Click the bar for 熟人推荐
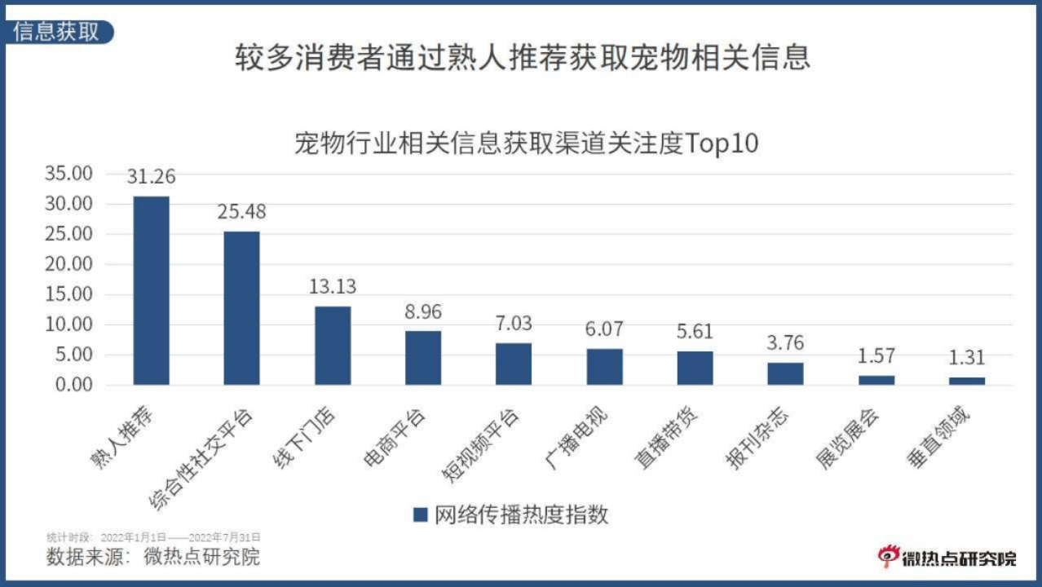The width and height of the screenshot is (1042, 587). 152,290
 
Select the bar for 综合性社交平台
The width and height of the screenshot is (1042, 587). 242,308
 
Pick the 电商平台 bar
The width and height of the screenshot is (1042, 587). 423,358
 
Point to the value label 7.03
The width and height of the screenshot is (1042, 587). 514,324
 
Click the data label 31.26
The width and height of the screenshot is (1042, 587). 152,177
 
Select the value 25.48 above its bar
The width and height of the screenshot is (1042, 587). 242,212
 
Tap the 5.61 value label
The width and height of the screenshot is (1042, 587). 695,332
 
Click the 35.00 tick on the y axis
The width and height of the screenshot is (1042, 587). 69,174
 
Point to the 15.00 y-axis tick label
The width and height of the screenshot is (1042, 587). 69,294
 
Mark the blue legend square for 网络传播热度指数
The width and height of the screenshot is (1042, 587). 421,515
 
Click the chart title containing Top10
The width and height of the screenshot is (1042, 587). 526,143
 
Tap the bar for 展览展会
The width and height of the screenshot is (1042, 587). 876,380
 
